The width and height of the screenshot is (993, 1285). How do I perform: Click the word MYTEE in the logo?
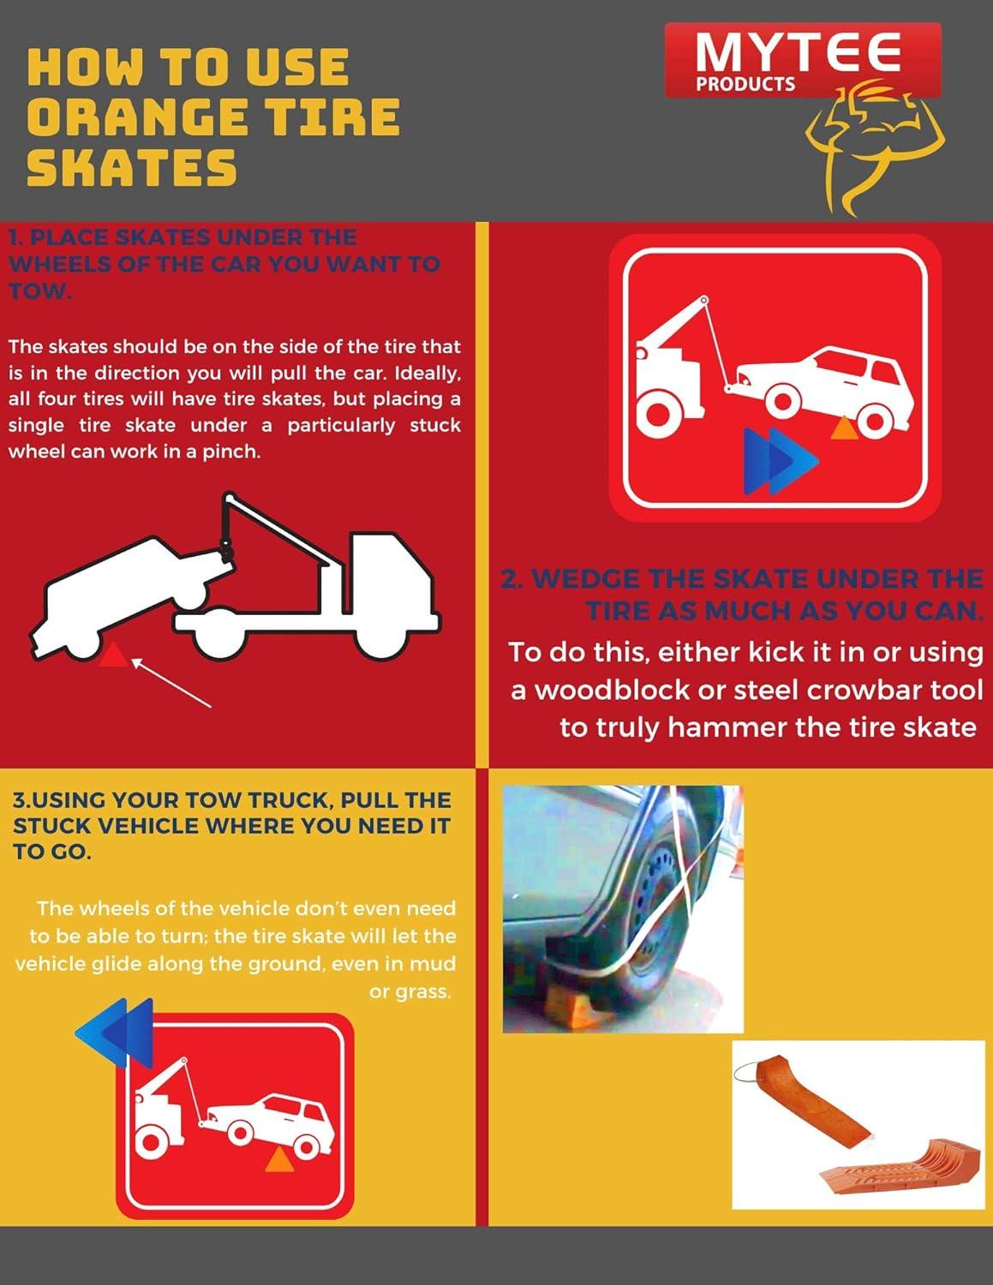click(x=798, y=52)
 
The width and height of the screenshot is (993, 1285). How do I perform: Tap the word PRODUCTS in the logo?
click(x=745, y=85)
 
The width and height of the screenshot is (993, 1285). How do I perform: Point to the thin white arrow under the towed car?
click(x=170, y=683)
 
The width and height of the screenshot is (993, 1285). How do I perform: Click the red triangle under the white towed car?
click(x=113, y=654)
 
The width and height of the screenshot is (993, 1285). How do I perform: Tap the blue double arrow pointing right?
click(x=781, y=461)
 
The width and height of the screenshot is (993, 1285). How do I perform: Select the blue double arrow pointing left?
click(x=115, y=1033)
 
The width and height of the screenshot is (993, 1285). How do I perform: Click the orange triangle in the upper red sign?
click(x=843, y=428)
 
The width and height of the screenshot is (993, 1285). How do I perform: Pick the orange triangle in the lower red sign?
click(x=279, y=1160)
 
